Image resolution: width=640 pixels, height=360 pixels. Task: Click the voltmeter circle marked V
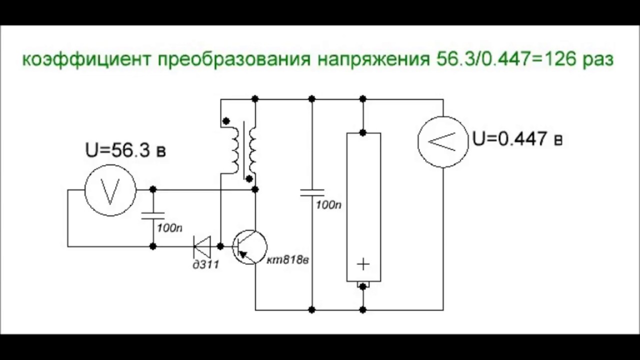tap(110, 190)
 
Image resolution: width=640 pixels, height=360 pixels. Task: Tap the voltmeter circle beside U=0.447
tap(443, 141)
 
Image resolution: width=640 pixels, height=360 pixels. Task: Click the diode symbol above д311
tap(202, 246)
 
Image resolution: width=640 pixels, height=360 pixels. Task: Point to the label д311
tap(205, 264)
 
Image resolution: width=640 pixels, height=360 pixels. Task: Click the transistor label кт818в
tap(287, 260)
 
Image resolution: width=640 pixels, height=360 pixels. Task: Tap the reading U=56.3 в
tap(125, 150)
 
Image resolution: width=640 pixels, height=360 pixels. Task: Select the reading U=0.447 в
tap(517, 138)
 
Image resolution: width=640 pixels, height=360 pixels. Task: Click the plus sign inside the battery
tap(363, 264)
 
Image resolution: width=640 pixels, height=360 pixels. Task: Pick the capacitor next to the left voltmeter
tap(153, 215)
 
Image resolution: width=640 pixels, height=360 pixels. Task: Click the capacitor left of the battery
tap(312, 192)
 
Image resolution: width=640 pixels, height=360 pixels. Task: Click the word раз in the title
tap(598, 59)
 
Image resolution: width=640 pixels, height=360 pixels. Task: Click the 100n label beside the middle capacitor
tap(328, 205)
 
